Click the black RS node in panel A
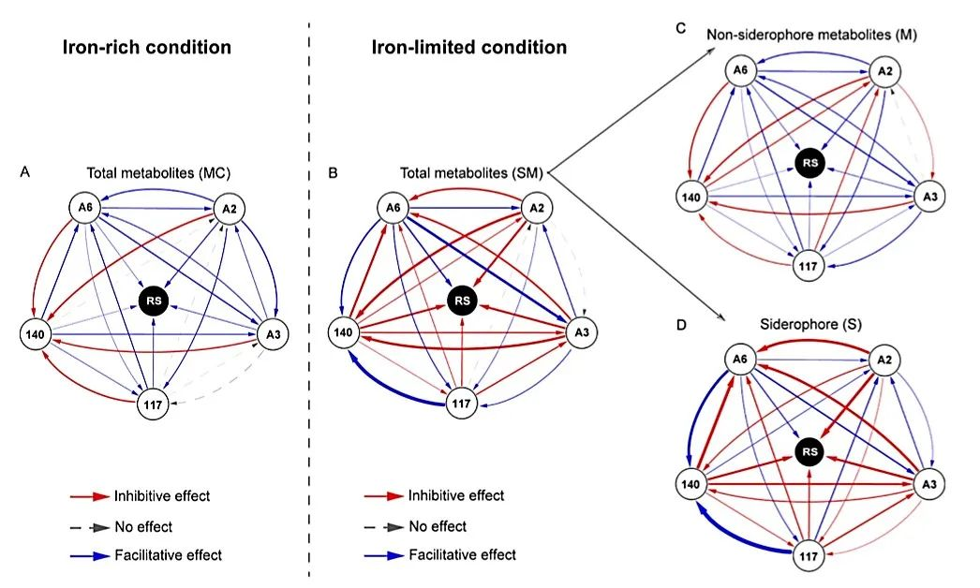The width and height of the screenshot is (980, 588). point(152,301)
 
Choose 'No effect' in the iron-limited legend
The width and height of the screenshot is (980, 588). point(438,526)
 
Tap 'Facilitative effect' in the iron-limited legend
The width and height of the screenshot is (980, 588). point(462,555)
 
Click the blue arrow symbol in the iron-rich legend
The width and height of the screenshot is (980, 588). point(90,556)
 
